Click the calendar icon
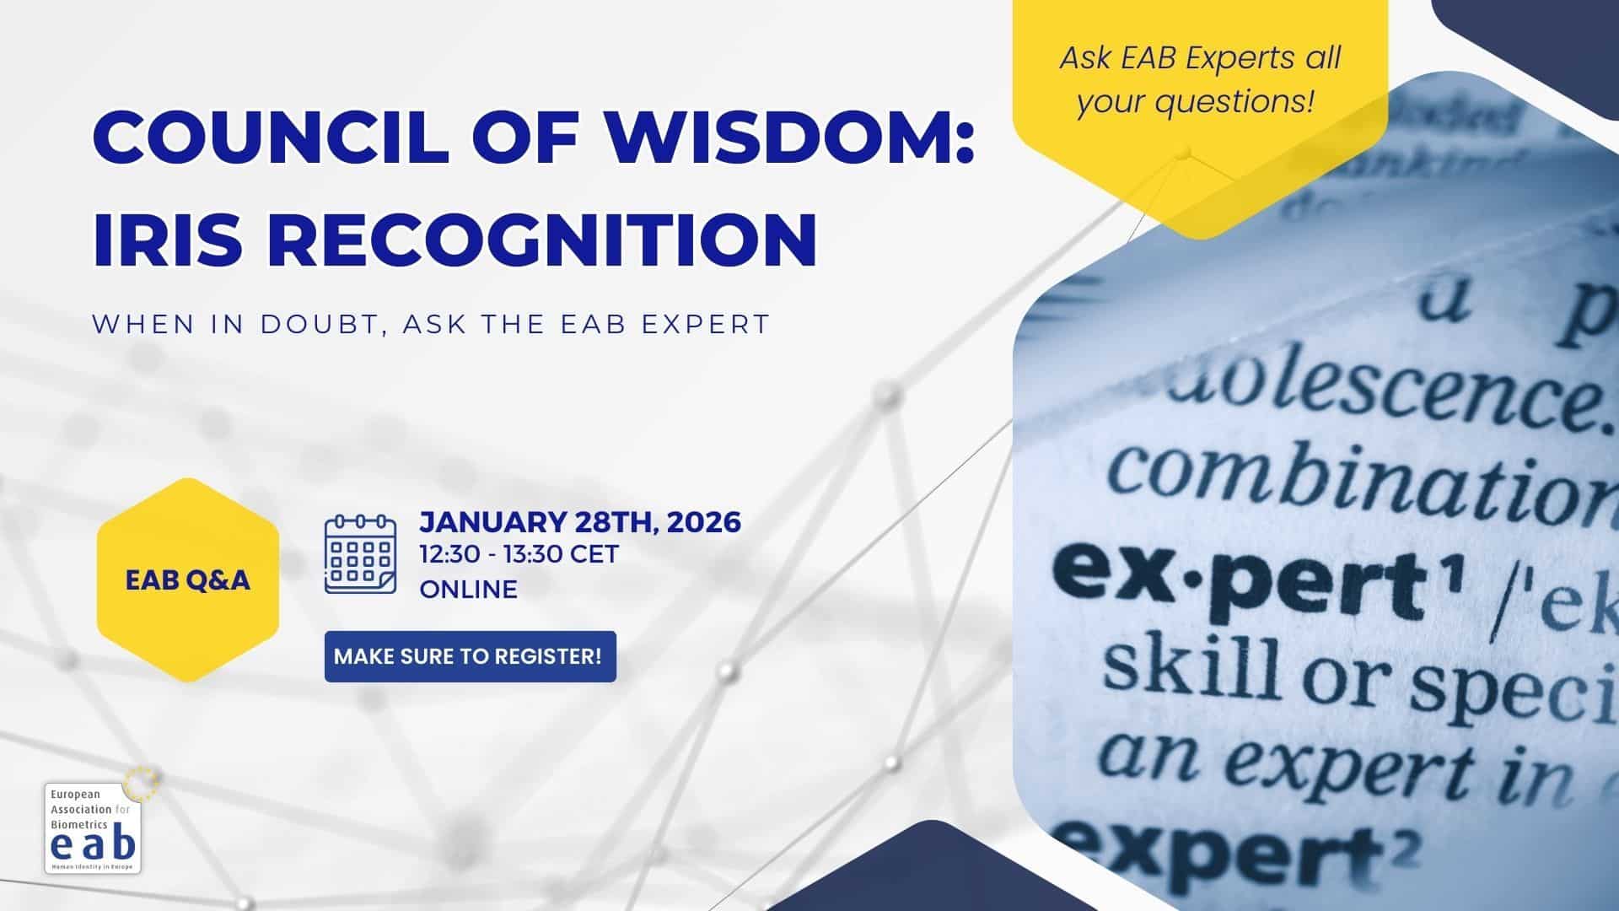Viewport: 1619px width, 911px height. (360, 554)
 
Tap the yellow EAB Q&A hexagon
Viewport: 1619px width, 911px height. (188, 580)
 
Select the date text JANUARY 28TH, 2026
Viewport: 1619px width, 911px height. (580, 522)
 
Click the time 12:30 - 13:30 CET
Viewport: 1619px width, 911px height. (519, 554)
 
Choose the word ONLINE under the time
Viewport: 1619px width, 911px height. (469, 589)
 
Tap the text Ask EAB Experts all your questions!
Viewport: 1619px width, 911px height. (1199, 80)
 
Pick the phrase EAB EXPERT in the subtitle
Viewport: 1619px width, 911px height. (666, 324)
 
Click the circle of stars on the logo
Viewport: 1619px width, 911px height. (141, 783)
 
